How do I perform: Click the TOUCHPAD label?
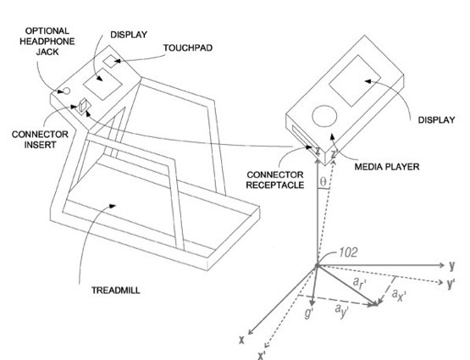[x=188, y=48]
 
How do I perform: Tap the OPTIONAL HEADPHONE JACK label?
[x=47, y=42]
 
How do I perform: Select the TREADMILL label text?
[x=116, y=291]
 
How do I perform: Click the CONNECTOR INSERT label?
[x=40, y=140]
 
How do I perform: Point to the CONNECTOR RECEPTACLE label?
[x=275, y=180]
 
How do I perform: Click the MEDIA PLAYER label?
[x=387, y=167]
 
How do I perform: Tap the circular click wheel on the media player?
[x=324, y=116]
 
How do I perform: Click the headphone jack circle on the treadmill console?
[x=67, y=91]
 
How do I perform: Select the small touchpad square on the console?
[x=112, y=62]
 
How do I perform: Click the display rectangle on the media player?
[x=355, y=81]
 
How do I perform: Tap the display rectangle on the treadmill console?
[x=102, y=84]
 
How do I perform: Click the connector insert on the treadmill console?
[x=83, y=107]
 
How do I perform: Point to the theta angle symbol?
[x=323, y=181]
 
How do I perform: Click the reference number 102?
[x=348, y=252]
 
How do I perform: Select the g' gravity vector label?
[x=309, y=313]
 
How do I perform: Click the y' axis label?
[x=451, y=283]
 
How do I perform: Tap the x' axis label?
[x=262, y=355]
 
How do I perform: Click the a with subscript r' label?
[x=360, y=283]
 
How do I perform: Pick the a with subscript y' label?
[x=341, y=311]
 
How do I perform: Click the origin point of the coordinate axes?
[x=317, y=266]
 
